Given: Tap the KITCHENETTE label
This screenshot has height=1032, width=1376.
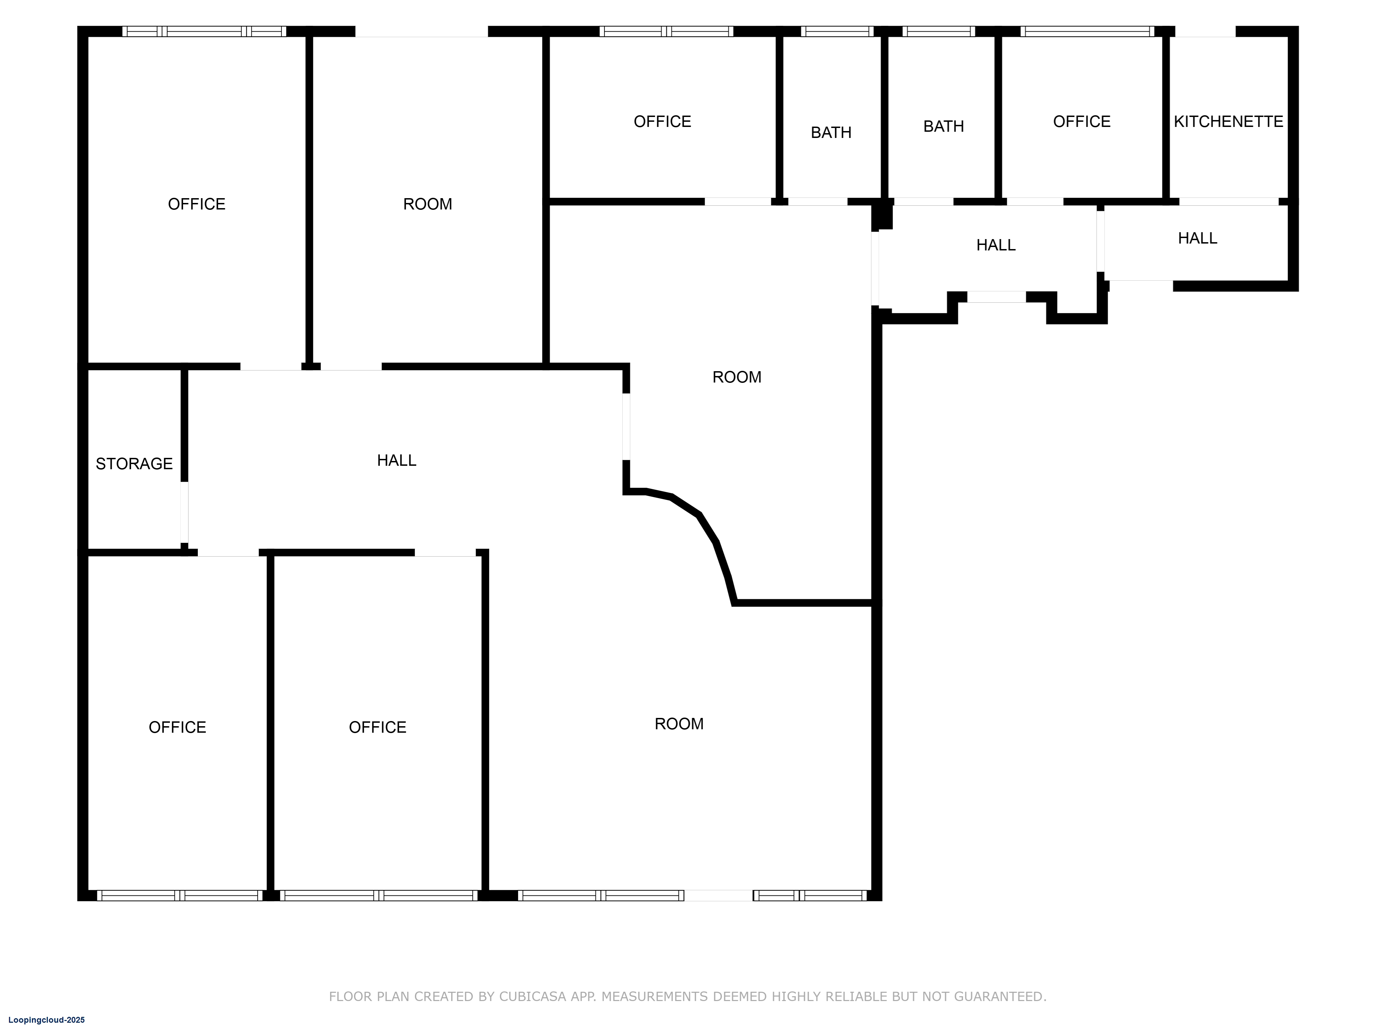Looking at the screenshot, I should tap(1228, 121).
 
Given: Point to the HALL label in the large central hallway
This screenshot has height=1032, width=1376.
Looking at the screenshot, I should tap(396, 460).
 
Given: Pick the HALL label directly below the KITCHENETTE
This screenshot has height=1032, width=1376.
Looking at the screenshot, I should tap(1197, 238).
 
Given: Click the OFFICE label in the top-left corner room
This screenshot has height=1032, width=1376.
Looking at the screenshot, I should tap(196, 204).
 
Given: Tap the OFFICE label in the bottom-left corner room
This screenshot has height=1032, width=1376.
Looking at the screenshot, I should tap(177, 727).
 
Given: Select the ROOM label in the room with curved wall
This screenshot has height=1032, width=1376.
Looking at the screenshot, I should tap(737, 377).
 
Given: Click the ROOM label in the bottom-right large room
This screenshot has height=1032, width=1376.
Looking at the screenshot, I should tap(679, 723).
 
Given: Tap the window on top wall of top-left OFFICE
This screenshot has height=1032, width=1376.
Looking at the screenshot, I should tap(204, 31).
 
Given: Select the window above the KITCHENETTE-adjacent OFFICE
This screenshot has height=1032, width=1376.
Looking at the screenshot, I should tap(1087, 31).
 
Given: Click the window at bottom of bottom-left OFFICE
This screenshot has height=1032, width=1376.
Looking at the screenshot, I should tap(180, 896).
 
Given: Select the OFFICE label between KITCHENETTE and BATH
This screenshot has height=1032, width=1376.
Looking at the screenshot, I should tap(1081, 121).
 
